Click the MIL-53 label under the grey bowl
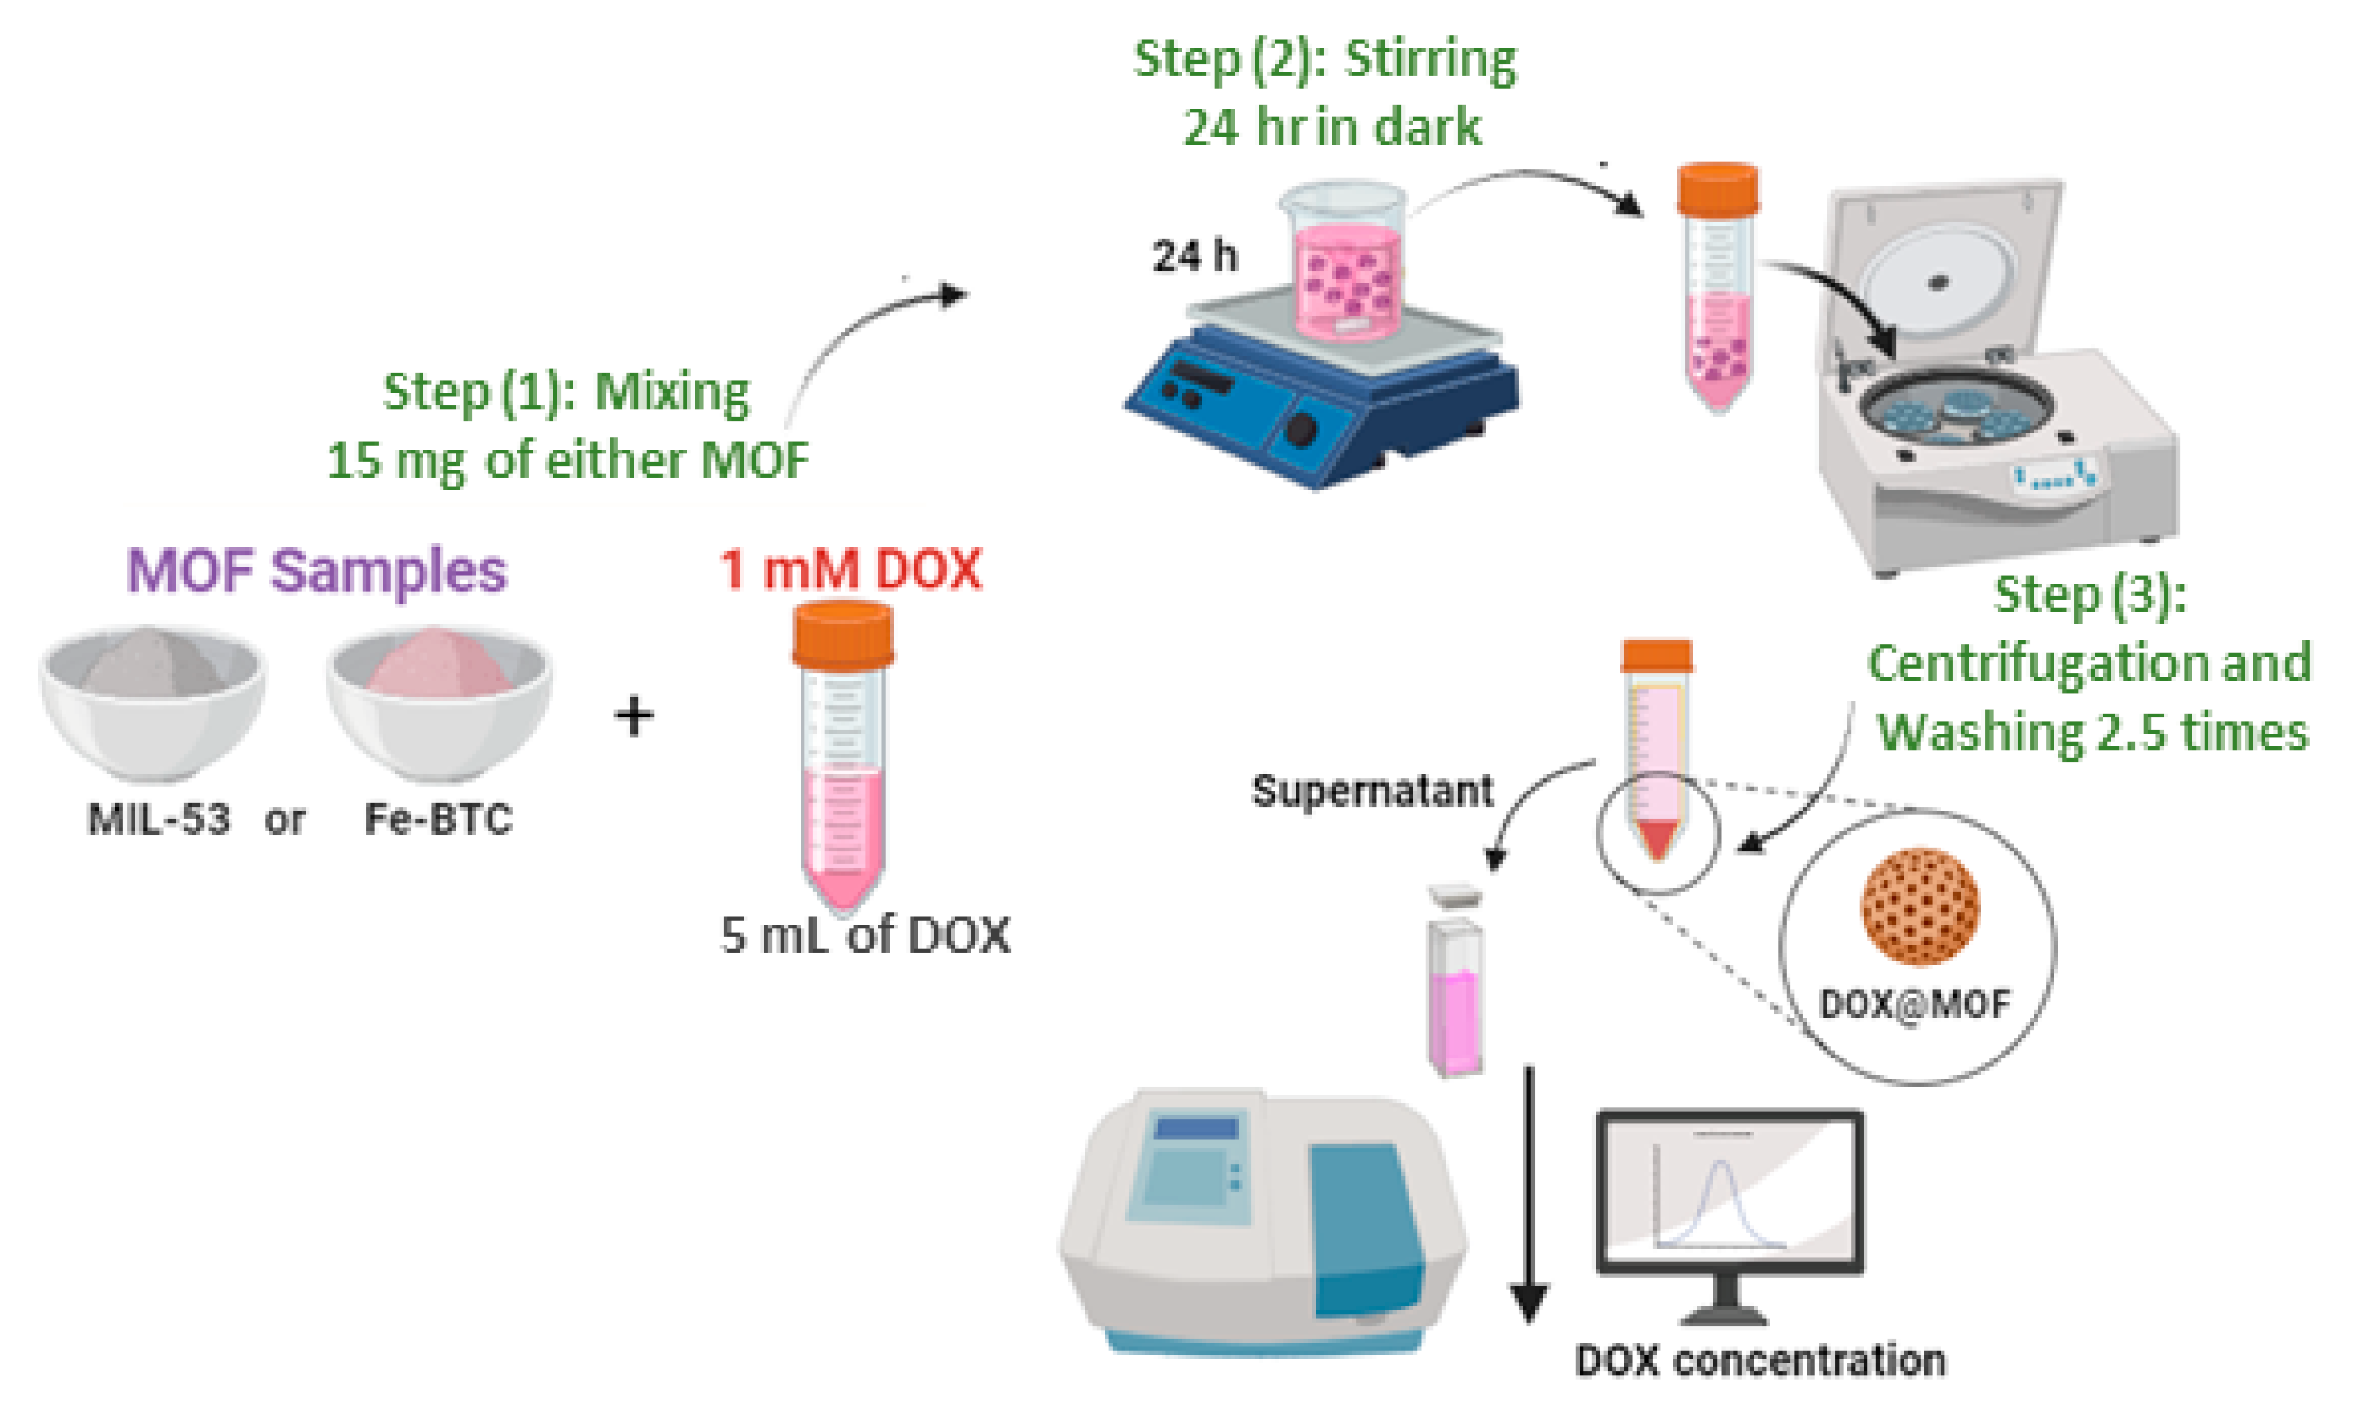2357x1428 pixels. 159,820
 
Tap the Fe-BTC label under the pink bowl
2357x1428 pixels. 439,820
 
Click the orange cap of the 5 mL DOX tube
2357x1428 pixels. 843,634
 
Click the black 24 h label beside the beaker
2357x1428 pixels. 1195,256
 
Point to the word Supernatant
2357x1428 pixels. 1372,791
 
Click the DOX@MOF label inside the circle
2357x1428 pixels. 1915,1005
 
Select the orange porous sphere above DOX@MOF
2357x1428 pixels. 1920,906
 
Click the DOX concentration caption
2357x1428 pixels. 1760,1360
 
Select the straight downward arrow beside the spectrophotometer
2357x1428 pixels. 1530,1196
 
